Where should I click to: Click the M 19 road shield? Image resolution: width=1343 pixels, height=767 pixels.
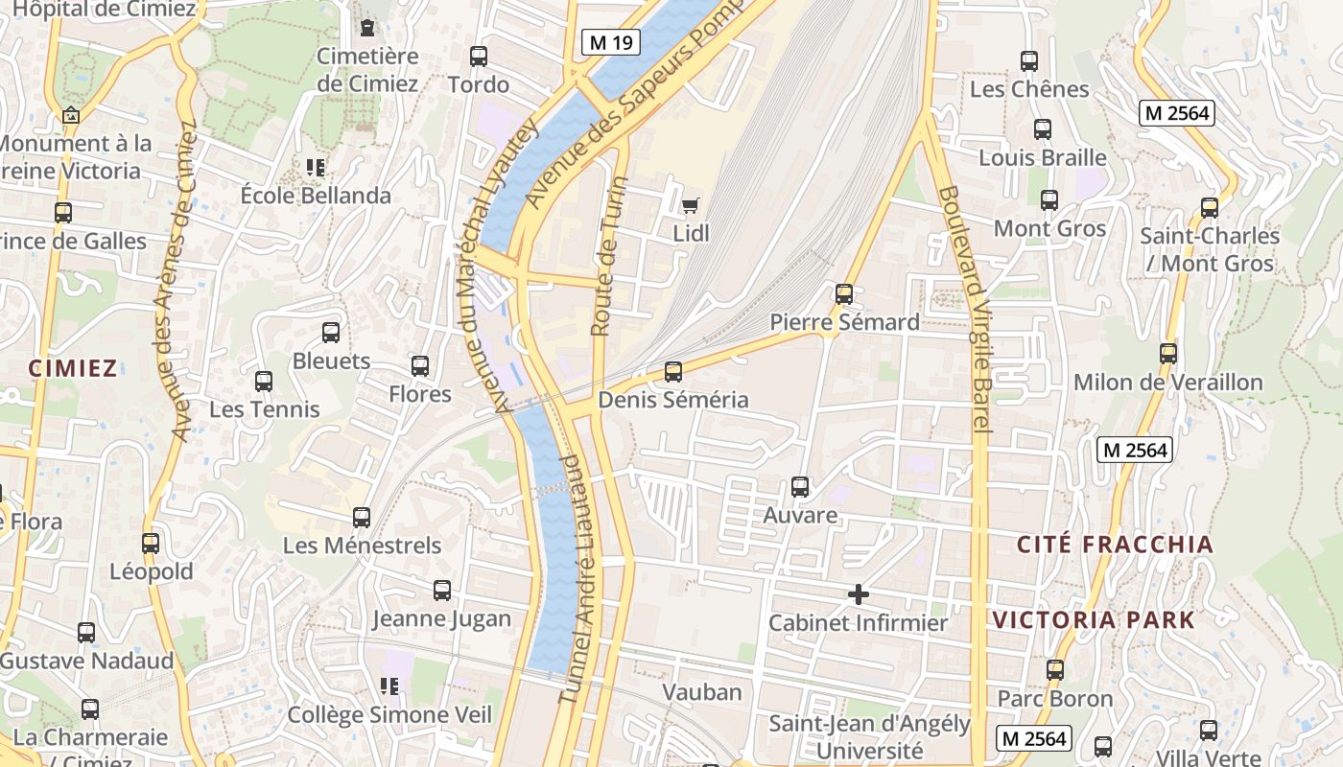[x=611, y=41]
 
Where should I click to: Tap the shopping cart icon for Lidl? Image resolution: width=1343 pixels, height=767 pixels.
[x=690, y=204]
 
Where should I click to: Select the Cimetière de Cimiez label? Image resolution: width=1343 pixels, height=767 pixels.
[x=367, y=70]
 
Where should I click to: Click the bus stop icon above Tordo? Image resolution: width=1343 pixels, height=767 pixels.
[x=478, y=57]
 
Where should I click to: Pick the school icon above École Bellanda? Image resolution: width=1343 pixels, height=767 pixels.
[x=316, y=168]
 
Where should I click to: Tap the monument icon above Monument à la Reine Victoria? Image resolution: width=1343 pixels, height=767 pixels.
[x=70, y=115]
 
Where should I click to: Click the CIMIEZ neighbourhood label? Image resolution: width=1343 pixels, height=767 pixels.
[x=73, y=368]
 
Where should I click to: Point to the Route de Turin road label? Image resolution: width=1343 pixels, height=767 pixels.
[x=608, y=256]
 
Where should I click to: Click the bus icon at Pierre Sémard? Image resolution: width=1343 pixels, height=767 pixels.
[x=844, y=293]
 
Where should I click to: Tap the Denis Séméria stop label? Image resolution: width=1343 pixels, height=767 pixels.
[x=672, y=400]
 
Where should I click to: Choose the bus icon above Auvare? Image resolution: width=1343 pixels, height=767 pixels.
[x=800, y=487]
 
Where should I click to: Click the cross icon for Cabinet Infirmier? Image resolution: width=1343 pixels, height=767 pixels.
[x=859, y=594]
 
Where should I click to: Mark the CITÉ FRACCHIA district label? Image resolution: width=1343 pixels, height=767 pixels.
[x=1115, y=545]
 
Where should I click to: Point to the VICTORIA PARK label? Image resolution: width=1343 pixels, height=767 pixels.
[x=1094, y=619]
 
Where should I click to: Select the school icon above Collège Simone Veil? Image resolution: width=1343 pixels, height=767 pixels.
[x=389, y=686]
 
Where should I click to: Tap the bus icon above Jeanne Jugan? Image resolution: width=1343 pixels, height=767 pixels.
[x=441, y=591]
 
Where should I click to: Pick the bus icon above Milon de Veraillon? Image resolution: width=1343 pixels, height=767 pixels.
[x=1167, y=353]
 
